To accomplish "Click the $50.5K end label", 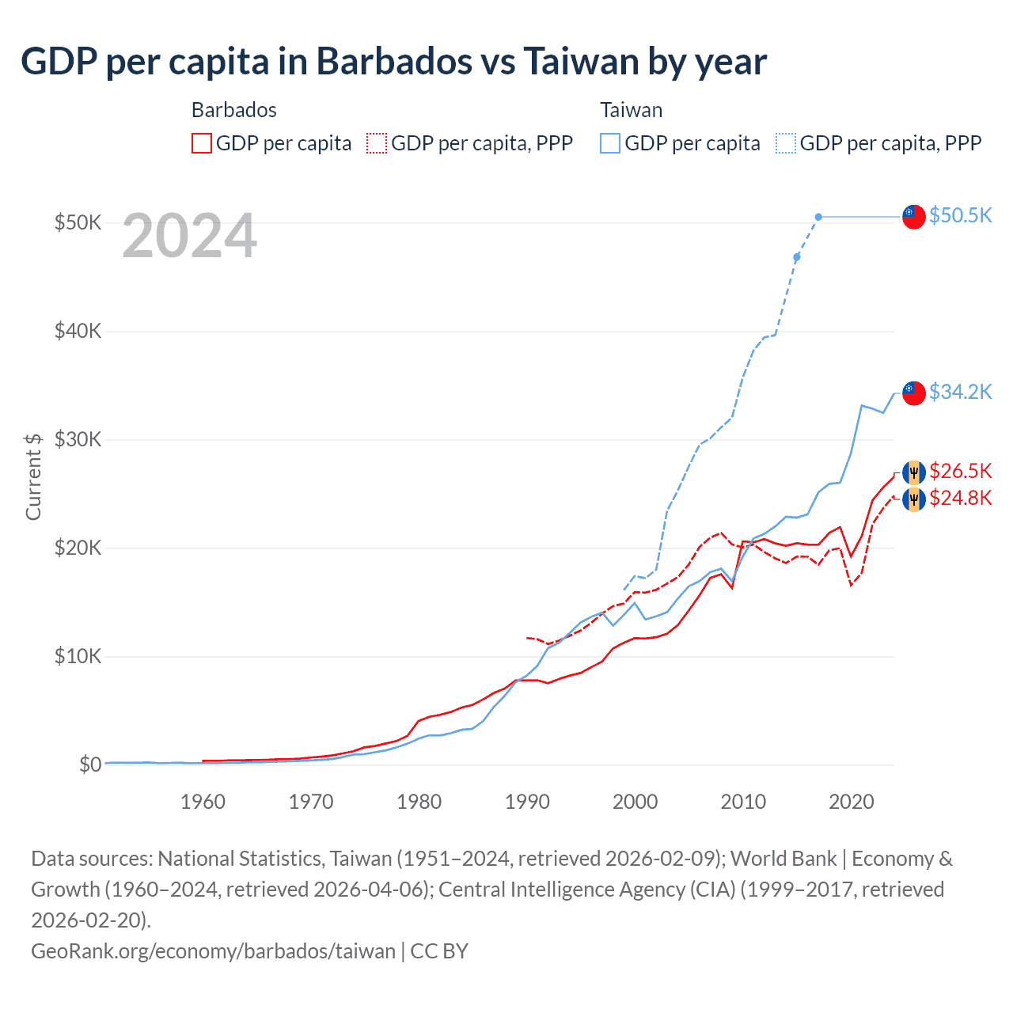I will click(x=960, y=215).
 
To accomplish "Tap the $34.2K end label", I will click(x=960, y=392).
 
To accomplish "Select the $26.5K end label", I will click(x=960, y=472).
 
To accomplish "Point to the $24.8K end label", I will click(x=960, y=498).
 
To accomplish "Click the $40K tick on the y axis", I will click(x=78, y=331).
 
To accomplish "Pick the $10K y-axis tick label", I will click(x=78, y=656).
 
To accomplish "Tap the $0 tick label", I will click(x=90, y=764).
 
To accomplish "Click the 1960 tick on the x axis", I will click(x=203, y=802).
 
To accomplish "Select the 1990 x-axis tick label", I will click(x=527, y=802).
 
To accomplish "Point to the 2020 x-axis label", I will click(x=851, y=802).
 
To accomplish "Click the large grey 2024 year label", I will click(x=190, y=236).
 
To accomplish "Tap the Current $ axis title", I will click(x=33, y=476).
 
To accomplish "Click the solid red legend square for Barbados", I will click(x=202, y=143).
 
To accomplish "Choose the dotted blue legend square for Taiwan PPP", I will click(x=786, y=143).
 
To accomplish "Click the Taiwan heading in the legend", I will click(x=631, y=110).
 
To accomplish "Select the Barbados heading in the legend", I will click(x=234, y=110).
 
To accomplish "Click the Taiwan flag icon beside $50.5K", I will click(x=914, y=216).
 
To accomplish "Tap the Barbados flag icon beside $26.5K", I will click(x=914, y=472).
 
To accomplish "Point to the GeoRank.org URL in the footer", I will click(x=213, y=950).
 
